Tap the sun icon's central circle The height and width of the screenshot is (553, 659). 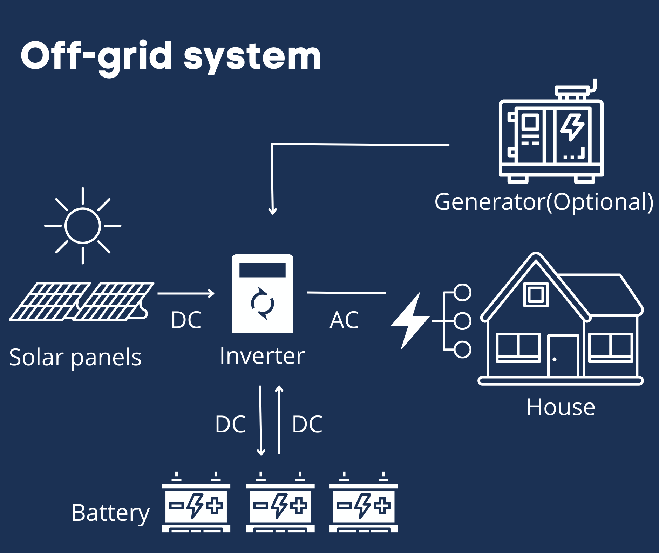click(83, 226)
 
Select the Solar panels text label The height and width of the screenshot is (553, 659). click(75, 357)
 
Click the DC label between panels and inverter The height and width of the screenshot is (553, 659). click(186, 320)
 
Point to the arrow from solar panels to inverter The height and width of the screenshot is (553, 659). click(186, 293)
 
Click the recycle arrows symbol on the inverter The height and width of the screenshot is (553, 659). click(262, 303)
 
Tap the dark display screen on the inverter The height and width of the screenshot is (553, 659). click(262, 270)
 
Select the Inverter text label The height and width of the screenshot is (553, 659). click(262, 356)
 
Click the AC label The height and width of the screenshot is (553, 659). click(344, 320)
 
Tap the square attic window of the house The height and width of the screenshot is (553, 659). click(536, 294)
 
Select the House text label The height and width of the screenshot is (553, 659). click(561, 407)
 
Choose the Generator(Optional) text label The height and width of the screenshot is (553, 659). click(544, 202)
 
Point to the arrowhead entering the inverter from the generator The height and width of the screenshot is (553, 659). click(273, 211)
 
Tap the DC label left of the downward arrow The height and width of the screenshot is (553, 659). click(230, 424)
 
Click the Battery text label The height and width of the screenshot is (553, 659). click(110, 513)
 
